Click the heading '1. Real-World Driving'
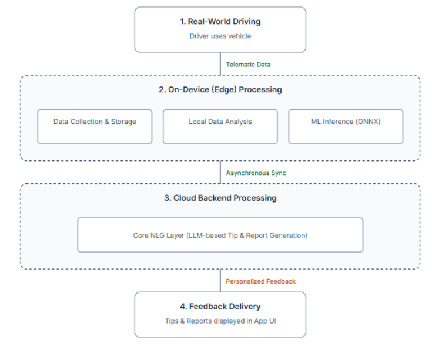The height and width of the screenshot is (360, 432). pos(220,22)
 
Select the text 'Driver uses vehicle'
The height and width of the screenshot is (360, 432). pos(220,36)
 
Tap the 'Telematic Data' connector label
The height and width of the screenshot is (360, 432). pos(248,65)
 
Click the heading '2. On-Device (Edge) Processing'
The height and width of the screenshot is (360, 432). pos(220,90)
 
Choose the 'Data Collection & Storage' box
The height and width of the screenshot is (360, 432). pos(95,126)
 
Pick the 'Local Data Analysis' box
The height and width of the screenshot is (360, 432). pos(220,126)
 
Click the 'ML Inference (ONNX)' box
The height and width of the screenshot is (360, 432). pos(346,126)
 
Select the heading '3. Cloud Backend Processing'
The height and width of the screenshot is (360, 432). pos(220,198)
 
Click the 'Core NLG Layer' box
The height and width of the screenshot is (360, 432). pos(220,235)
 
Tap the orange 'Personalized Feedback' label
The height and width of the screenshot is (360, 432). pos(260,281)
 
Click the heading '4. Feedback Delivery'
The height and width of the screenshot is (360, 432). pos(220,306)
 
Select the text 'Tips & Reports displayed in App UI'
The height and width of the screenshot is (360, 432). pos(220,321)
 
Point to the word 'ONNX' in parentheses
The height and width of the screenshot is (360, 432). pos(368,122)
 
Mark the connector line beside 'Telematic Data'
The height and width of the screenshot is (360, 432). pos(220,64)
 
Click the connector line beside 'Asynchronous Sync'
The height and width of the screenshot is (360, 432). pos(220,173)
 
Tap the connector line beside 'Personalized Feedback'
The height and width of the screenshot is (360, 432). pos(220,281)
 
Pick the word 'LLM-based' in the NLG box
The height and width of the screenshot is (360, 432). pos(205,235)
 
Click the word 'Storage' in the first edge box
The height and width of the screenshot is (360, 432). pos(123,122)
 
